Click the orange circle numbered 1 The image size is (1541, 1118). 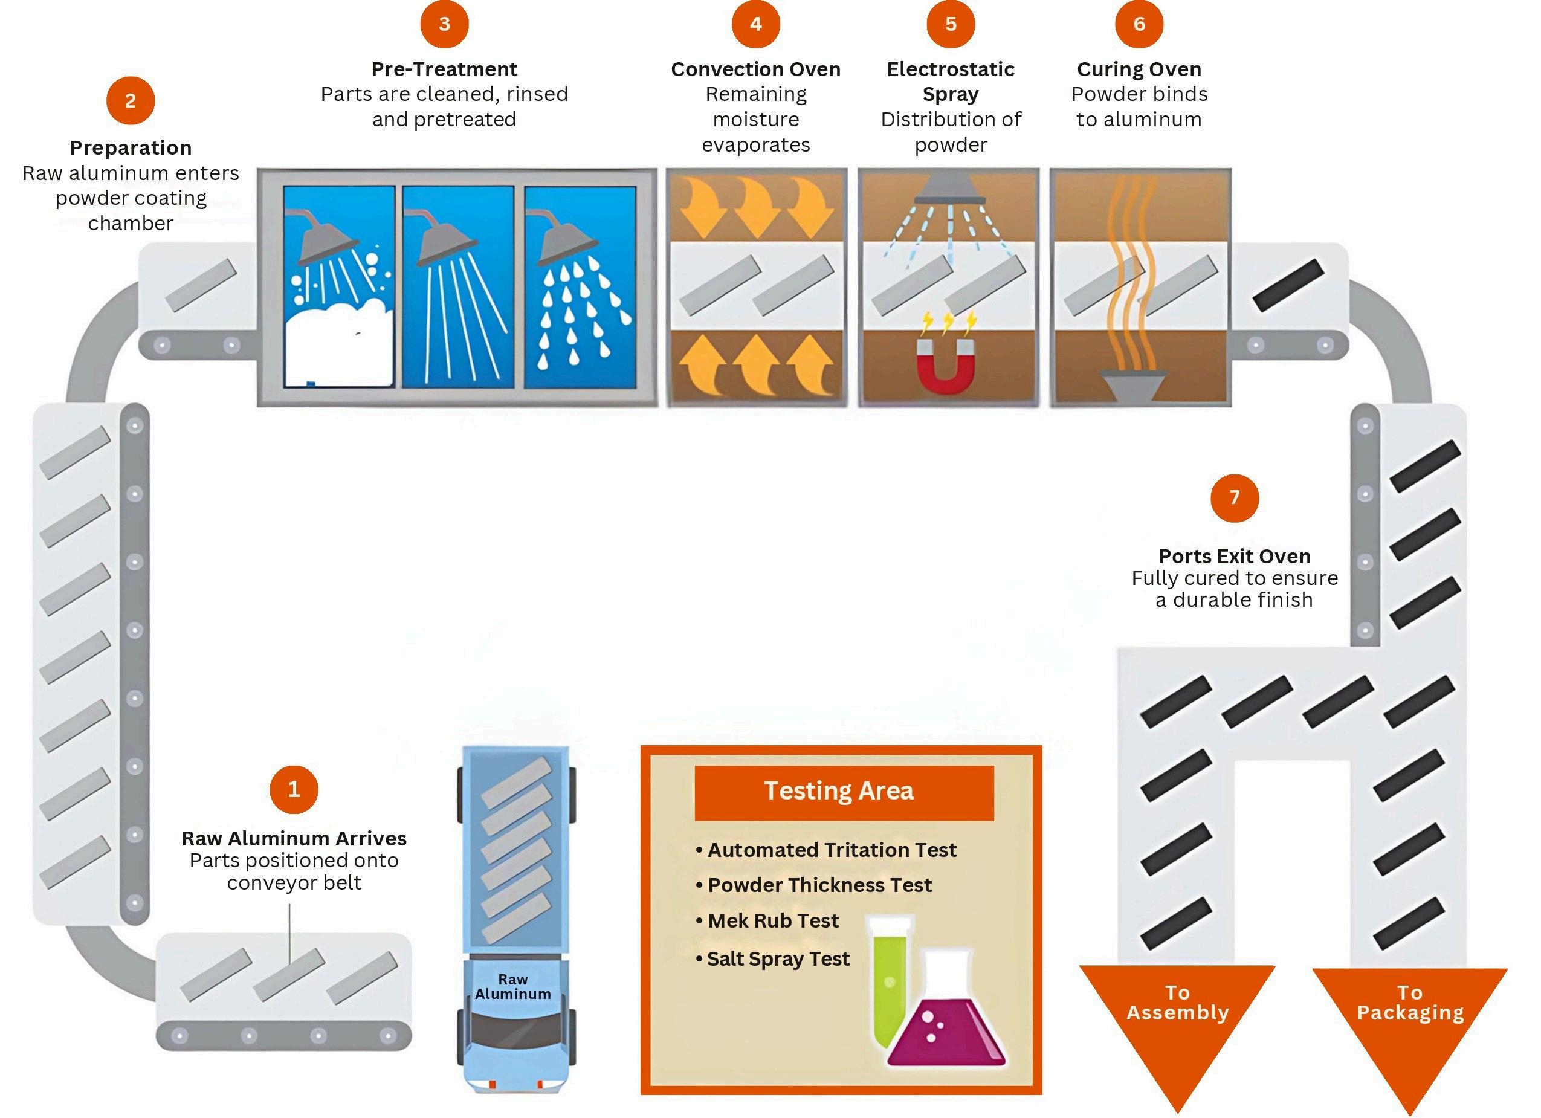pos(294,789)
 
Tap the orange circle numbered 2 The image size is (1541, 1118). pos(131,100)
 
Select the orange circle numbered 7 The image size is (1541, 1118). pos(1234,497)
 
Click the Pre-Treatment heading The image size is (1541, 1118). pos(444,69)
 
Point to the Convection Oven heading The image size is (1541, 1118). pos(755,69)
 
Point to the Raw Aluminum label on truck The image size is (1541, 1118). pos(512,987)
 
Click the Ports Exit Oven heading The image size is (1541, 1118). pos(1234,556)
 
